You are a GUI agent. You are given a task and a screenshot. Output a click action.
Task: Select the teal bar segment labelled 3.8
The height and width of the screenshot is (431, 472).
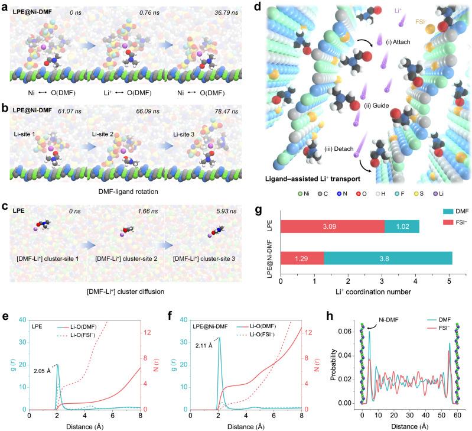(x=388, y=258)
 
